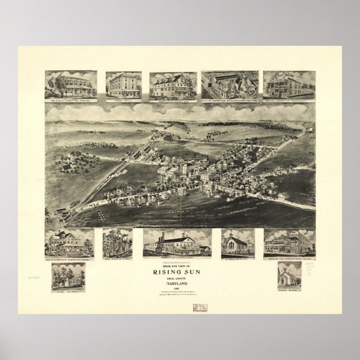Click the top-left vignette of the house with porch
[71, 84]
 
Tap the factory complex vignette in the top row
[229, 84]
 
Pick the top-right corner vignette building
[289, 84]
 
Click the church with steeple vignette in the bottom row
[238, 242]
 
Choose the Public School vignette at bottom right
[289, 274]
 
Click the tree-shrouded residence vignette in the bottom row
[117, 242]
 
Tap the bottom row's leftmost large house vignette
[70, 242]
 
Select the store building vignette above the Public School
[289, 242]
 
